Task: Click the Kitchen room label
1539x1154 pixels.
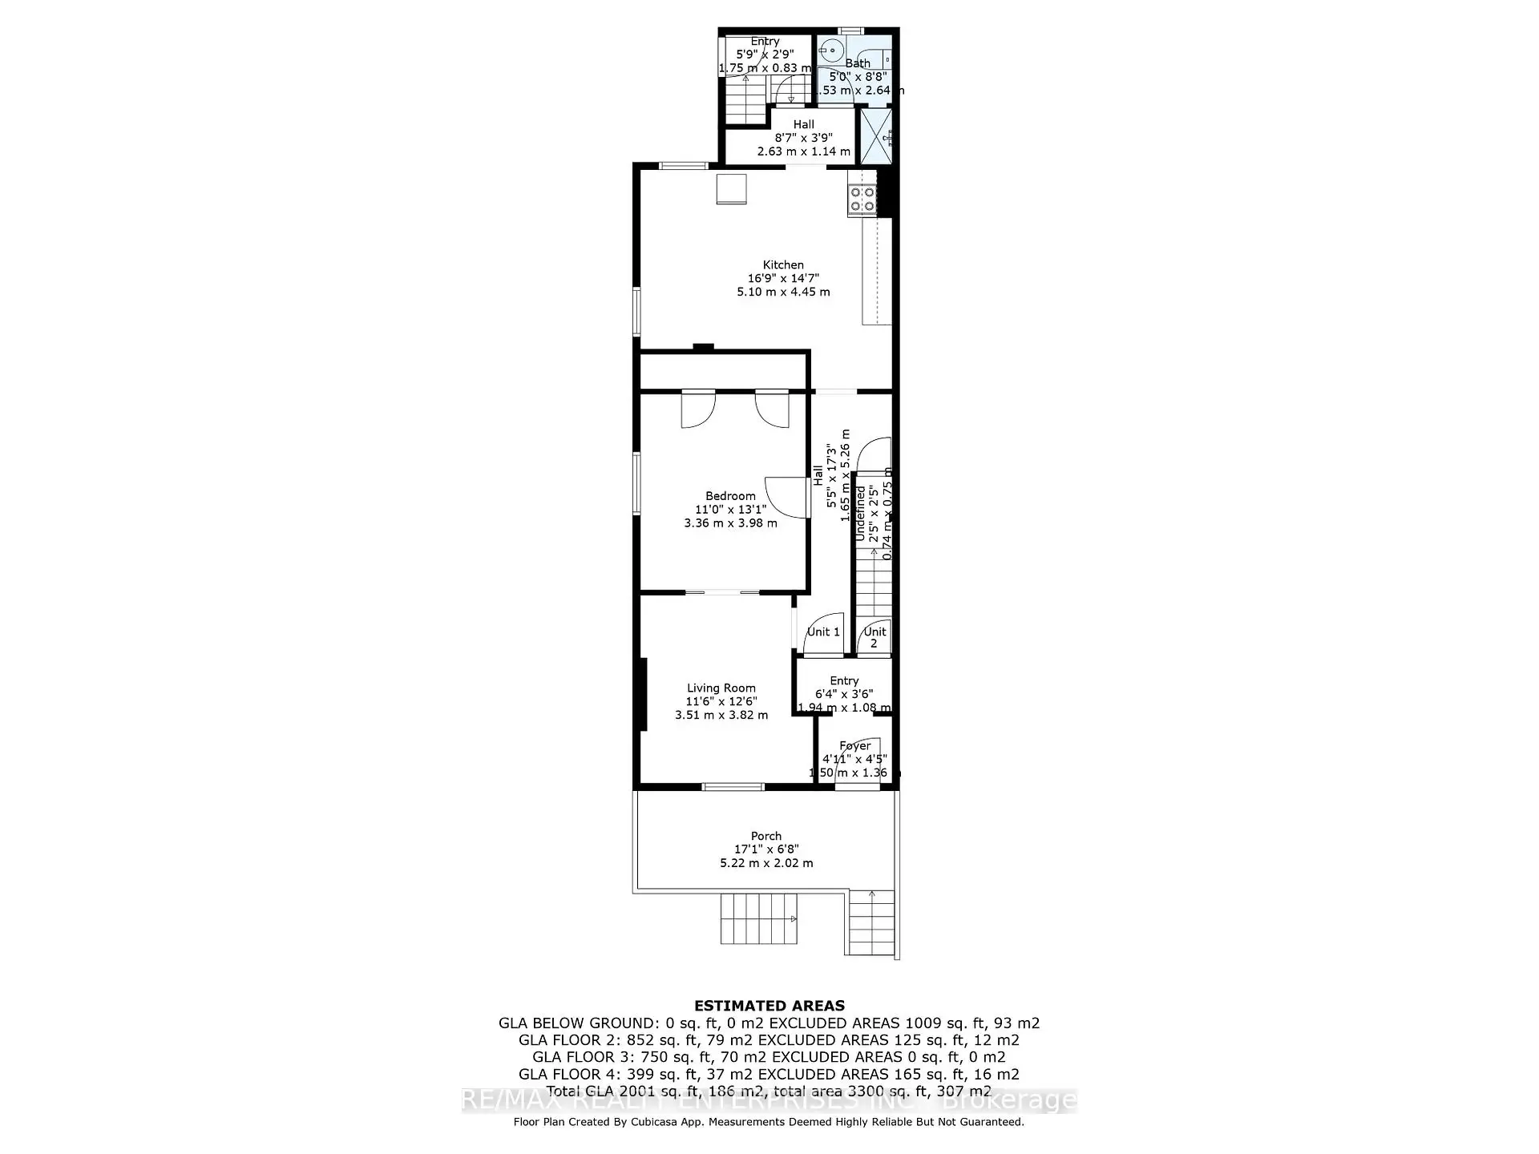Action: [x=783, y=264]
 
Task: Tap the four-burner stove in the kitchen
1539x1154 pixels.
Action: [x=862, y=199]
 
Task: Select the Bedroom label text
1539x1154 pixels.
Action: [x=730, y=496]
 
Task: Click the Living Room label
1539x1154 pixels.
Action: [x=721, y=688]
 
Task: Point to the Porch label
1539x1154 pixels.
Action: [x=766, y=836]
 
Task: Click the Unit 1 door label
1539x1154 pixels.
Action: [x=823, y=631]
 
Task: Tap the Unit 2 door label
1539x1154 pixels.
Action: [x=875, y=637]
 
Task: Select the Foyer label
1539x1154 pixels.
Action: [x=854, y=745]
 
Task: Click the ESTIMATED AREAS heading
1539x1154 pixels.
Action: [x=769, y=1006]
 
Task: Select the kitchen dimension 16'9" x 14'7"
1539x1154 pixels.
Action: [x=783, y=278]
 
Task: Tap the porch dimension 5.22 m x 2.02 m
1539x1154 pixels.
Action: [x=766, y=863]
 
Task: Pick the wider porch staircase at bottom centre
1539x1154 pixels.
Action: [x=758, y=919]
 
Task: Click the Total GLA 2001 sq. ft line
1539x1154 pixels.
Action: [x=769, y=1091]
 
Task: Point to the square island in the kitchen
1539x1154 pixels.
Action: [x=731, y=189]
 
